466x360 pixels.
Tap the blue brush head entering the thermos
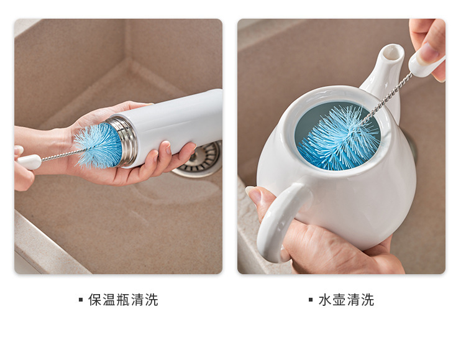click(98, 145)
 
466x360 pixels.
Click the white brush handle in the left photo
click(29, 162)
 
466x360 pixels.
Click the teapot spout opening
click(393, 53)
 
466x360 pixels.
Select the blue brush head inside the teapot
click(338, 139)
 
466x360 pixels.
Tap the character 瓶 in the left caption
click(123, 300)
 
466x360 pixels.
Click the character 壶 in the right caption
click(339, 300)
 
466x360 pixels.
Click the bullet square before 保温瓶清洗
click(81, 300)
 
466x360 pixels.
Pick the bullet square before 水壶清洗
click(311, 300)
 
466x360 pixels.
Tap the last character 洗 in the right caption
click(367, 300)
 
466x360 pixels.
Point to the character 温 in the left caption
click(109, 300)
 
